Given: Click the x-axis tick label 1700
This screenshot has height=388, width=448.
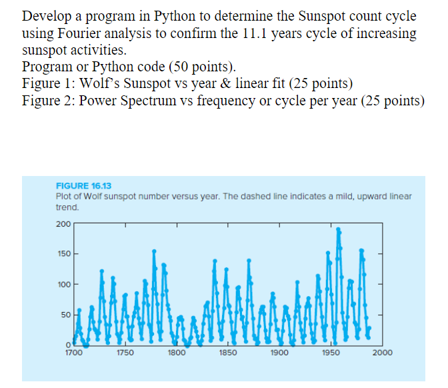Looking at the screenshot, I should tap(73, 353).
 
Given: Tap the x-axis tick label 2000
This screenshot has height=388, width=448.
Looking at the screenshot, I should tap(382, 353).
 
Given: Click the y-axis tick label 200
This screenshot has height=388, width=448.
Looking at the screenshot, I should tap(63, 223).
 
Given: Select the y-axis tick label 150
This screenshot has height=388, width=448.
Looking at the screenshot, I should tap(63, 255).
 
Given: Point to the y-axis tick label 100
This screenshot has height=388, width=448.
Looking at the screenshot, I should tap(63, 285).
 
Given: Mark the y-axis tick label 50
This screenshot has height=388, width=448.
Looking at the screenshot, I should tap(65, 315).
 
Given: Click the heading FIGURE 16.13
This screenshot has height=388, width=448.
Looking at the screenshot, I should tap(83, 187).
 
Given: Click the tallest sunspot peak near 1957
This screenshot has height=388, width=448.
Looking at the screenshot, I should tap(338, 229).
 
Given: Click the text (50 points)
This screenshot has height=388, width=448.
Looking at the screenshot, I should tap(203, 67).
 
